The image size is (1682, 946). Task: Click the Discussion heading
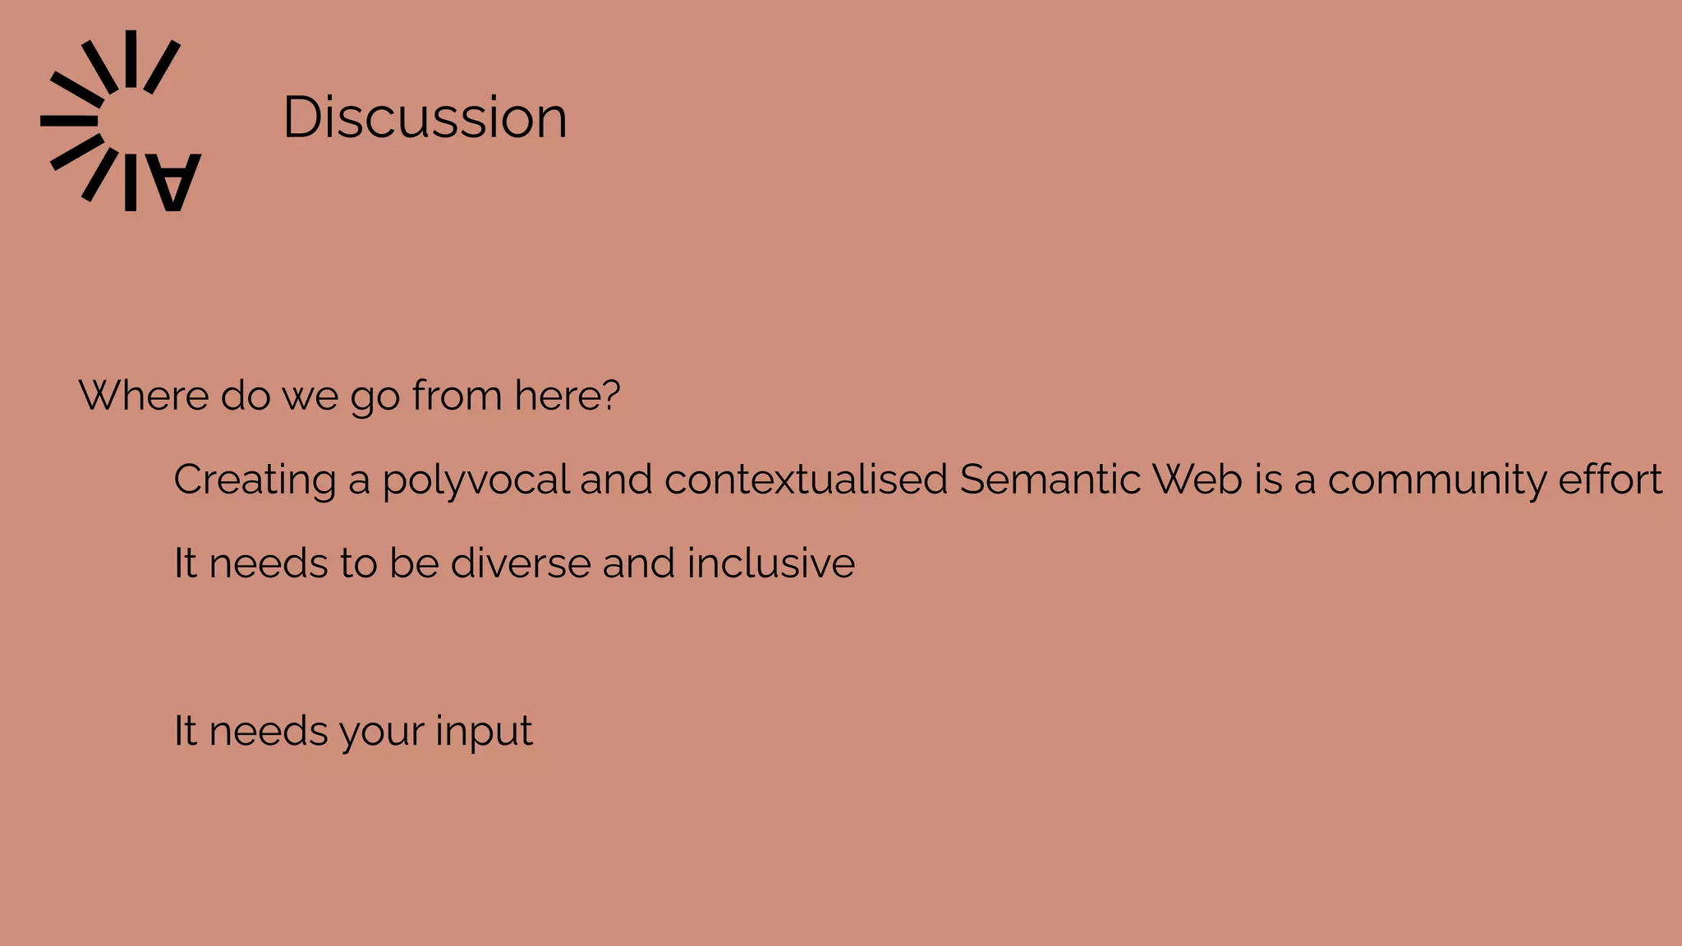click(x=425, y=117)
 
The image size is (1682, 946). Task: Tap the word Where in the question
click(x=144, y=396)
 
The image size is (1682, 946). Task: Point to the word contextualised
click(x=806, y=480)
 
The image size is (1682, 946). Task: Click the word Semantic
click(x=1050, y=480)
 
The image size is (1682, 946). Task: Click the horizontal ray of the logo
click(x=69, y=121)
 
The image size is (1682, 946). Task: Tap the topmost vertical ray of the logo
click(x=131, y=58)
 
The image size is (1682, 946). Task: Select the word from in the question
click(x=457, y=396)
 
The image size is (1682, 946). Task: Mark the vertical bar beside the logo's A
click(x=131, y=182)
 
